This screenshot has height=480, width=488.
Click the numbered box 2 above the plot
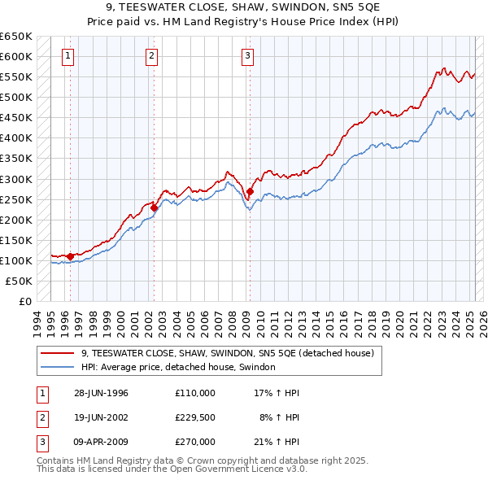pyautogui.click(x=152, y=56)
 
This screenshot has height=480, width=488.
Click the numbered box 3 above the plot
pyautogui.click(x=247, y=56)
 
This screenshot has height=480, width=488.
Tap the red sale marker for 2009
pyautogui.click(x=250, y=192)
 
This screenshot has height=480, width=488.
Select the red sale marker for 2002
pyautogui.click(x=154, y=207)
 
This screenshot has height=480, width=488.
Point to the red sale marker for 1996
pyautogui.click(x=71, y=256)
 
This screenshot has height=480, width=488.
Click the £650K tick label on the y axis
pyautogui.click(x=16, y=37)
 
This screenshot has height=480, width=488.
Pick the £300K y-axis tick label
pyautogui.click(x=16, y=179)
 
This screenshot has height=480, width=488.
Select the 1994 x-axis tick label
pyautogui.click(x=37, y=319)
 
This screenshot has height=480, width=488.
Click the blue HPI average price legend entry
pyautogui.click(x=178, y=367)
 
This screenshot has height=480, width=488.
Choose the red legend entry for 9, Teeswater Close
pyautogui.click(x=227, y=353)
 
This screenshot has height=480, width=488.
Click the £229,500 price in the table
pyautogui.click(x=195, y=417)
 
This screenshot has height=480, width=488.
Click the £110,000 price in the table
pyautogui.click(x=195, y=393)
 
